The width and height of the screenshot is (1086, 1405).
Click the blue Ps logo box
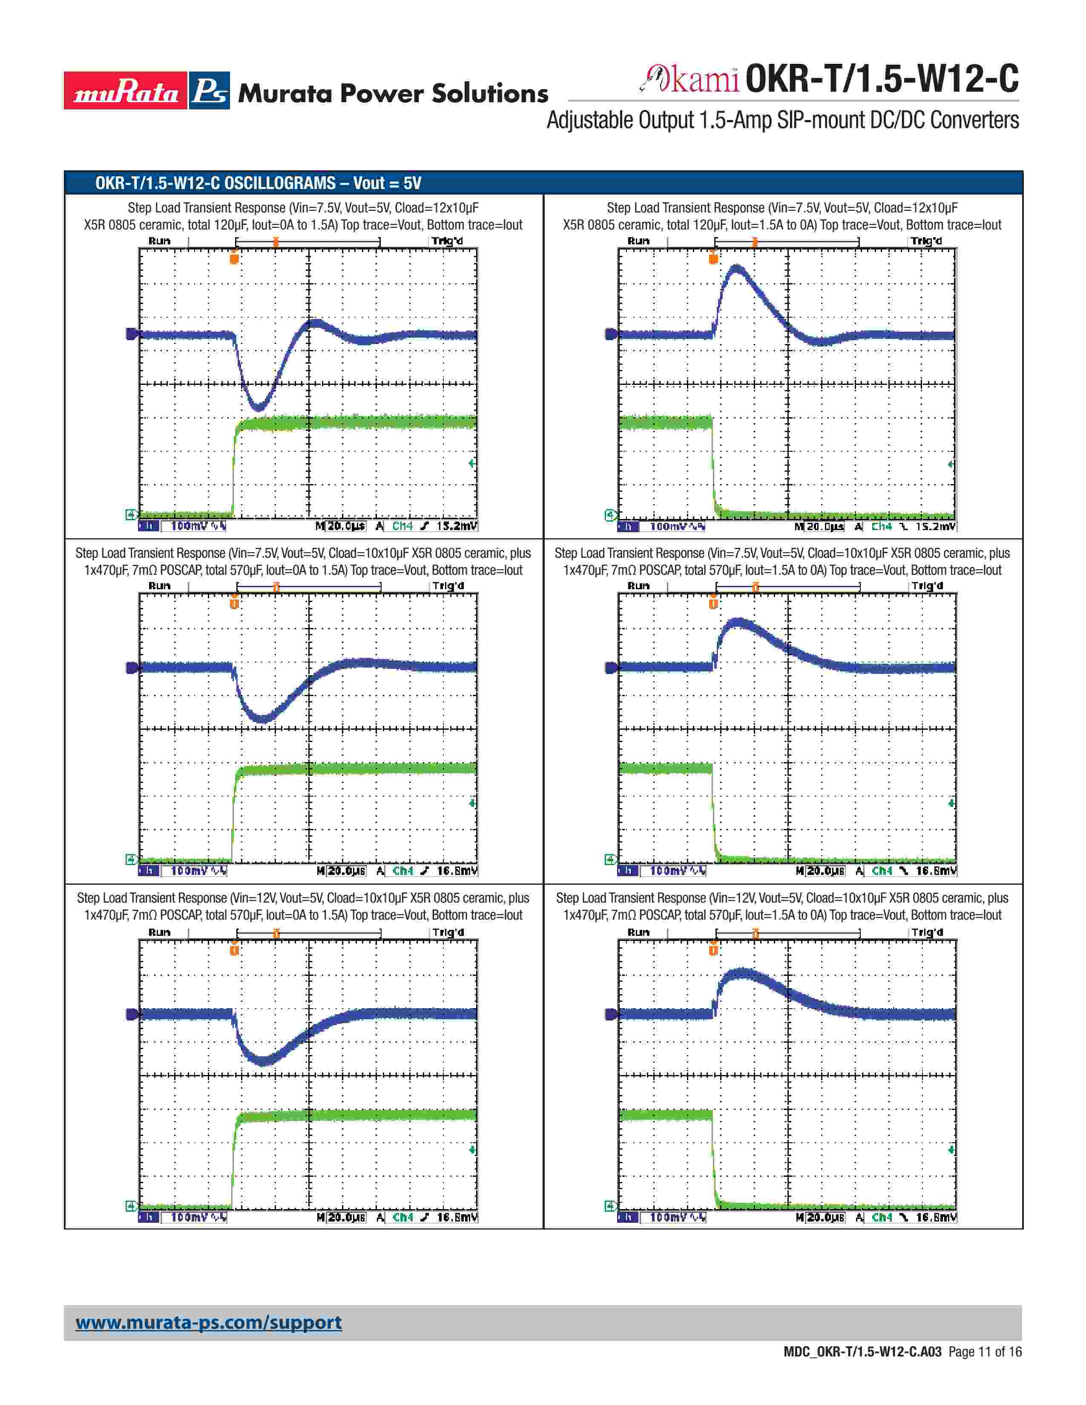coord(210,91)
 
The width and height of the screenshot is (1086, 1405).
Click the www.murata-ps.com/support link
coord(208,1322)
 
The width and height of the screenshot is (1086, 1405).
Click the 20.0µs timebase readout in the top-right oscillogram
coord(825,526)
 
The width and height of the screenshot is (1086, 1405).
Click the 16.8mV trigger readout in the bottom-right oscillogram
coord(936,1217)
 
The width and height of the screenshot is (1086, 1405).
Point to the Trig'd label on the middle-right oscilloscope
coord(927,586)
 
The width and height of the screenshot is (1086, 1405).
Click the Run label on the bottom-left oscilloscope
coord(160,932)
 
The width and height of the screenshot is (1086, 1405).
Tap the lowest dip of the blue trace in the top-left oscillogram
coord(258,407)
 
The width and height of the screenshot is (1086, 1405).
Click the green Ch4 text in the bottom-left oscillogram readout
coord(403,1217)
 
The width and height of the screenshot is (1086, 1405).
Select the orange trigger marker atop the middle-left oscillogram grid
coord(234,603)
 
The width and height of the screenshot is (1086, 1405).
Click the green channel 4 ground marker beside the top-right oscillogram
coord(611,515)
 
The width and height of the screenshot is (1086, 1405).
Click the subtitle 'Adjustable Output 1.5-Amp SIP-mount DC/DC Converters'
coord(782,120)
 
